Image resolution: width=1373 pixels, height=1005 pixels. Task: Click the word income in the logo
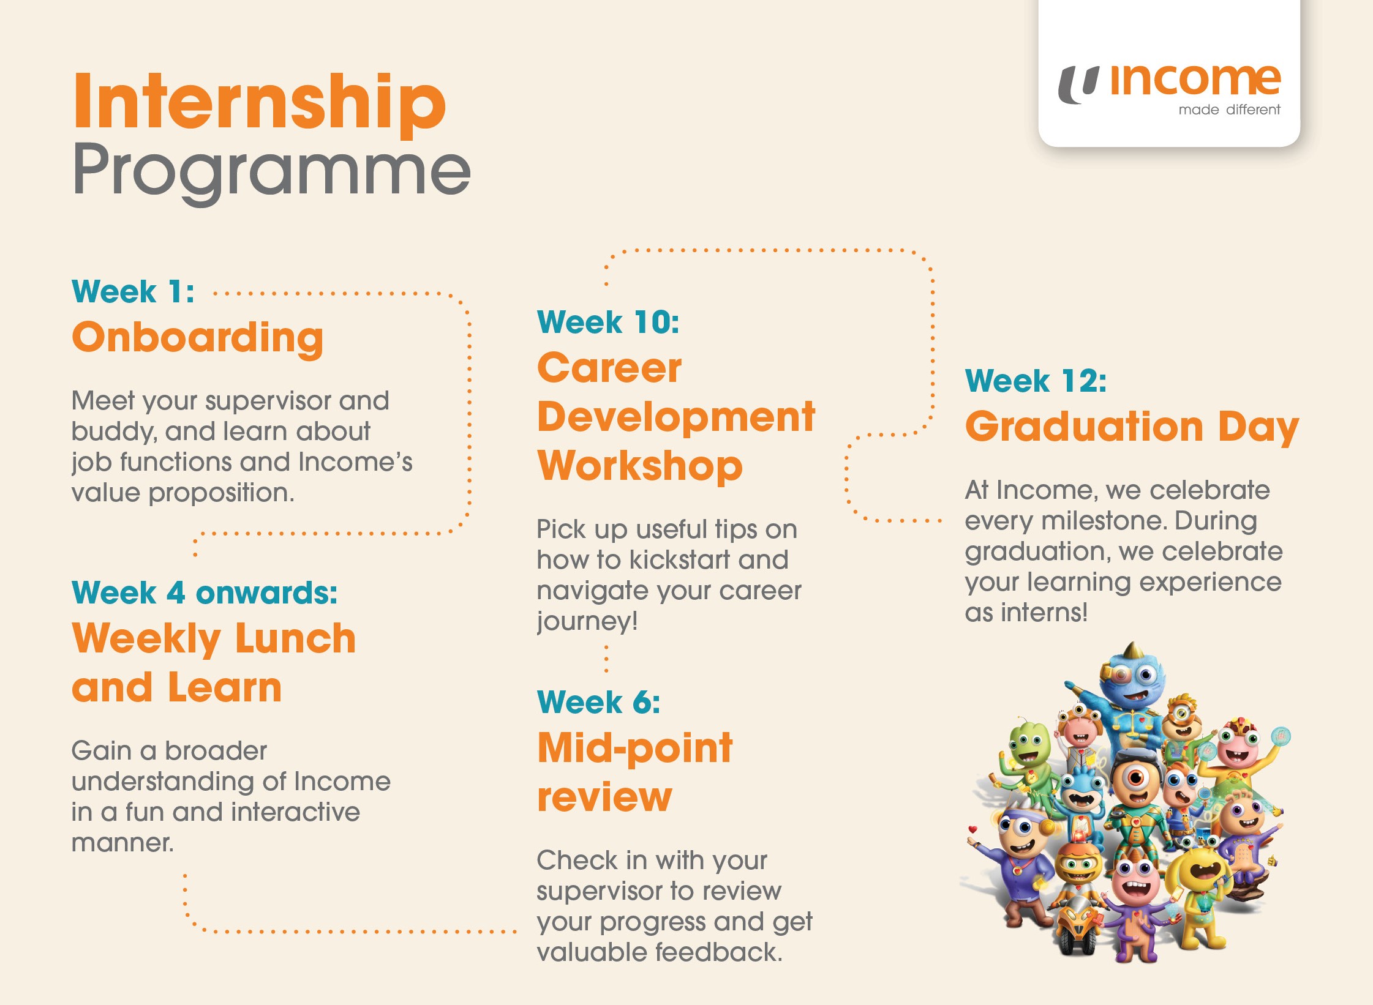click(1195, 81)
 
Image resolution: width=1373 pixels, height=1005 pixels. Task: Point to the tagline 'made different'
click(1229, 110)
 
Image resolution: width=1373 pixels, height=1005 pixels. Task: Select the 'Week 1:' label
click(134, 291)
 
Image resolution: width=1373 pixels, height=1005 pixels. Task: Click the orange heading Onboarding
click(198, 338)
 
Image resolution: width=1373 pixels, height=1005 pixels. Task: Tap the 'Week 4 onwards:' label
click(205, 592)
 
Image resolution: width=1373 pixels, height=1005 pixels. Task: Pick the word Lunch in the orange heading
click(295, 639)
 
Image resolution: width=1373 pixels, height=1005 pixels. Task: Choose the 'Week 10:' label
click(608, 322)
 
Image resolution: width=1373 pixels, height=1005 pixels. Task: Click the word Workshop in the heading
click(640, 466)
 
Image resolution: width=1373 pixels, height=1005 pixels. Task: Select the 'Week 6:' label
click(599, 702)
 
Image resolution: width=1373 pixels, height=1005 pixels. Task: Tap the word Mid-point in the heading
click(635, 749)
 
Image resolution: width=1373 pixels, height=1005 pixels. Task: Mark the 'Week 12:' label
click(1036, 381)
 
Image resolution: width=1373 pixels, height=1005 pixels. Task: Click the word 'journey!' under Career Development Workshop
click(587, 622)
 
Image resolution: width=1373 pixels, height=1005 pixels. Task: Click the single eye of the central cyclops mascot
click(1136, 779)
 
